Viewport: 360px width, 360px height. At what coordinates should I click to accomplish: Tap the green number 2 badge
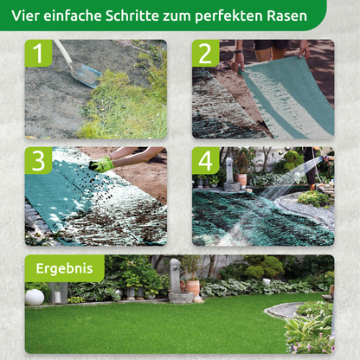tap(206, 54)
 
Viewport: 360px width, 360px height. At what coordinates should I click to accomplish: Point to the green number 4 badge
tap(206, 161)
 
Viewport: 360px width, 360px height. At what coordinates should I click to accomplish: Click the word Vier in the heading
tap(27, 14)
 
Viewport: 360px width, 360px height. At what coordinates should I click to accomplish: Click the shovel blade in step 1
tap(86, 75)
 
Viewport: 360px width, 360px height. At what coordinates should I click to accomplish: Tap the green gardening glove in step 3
tap(102, 164)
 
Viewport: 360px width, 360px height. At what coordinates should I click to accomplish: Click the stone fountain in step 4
tap(230, 173)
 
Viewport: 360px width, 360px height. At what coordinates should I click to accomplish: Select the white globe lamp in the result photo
tap(35, 297)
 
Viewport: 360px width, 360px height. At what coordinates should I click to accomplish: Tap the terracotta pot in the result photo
tap(192, 286)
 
